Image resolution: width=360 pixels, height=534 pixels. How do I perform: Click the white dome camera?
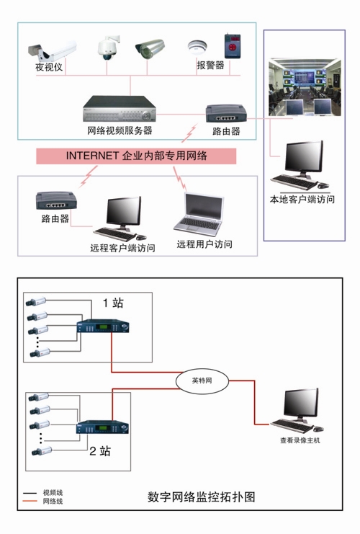108,48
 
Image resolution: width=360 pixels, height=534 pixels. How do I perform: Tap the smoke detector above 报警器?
197,47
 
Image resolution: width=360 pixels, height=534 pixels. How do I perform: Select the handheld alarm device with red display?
233,46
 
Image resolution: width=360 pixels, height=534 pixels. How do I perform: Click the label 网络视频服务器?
120,130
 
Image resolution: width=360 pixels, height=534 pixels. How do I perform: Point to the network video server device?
120,109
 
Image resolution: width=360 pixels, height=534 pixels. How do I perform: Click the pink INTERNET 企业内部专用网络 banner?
136,156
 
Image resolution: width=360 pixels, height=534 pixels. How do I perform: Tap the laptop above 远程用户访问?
199,213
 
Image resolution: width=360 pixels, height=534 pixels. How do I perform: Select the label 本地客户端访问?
302,199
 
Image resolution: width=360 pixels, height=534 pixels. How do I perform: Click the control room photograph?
305,87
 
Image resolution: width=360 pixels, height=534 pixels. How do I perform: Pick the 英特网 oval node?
202,381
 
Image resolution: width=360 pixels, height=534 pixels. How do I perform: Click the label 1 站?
113,303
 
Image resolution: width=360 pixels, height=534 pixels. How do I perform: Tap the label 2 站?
100,451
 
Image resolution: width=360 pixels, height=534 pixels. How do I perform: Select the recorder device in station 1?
103,326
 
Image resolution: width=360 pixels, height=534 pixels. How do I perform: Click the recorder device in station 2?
102,427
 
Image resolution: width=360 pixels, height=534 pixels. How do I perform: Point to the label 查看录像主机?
300,440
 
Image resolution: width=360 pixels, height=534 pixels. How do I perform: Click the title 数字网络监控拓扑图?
202,497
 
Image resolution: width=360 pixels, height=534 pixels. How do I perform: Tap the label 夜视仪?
49,67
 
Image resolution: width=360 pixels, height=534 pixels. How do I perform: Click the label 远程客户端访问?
122,248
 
